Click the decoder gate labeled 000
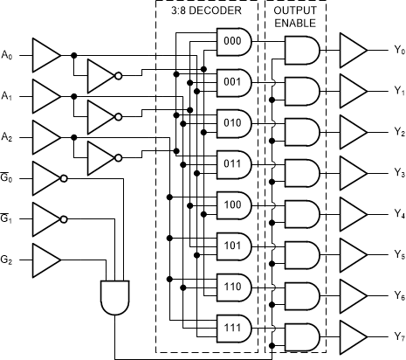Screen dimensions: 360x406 233,40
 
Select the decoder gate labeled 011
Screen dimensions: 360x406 233,162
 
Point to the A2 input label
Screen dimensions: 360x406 8,135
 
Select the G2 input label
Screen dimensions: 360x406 8,258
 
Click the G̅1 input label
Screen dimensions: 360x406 8,216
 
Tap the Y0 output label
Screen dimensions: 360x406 398,51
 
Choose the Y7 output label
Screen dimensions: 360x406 398,336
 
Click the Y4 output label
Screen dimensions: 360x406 398,213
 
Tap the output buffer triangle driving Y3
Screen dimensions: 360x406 354,172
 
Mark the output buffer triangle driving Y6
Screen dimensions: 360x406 354,294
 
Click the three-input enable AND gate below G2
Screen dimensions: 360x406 115,297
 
